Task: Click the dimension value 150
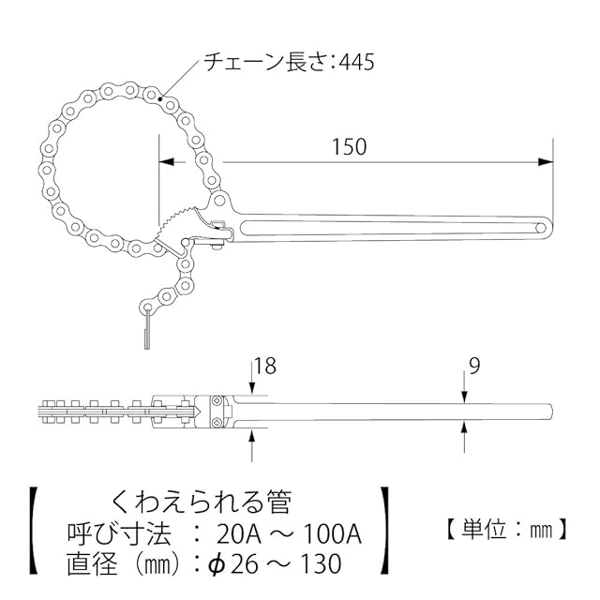coord(349,147)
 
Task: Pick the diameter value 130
coord(321,564)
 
